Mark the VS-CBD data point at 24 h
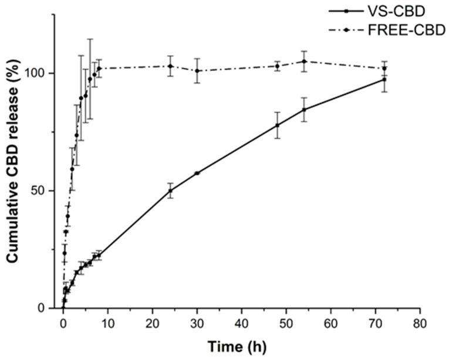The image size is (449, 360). point(170,191)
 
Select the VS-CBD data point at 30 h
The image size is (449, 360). point(197,173)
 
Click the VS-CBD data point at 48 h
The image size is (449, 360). point(278,125)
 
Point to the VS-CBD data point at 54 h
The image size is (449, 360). point(304,110)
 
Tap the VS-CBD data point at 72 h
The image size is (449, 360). point(384,80)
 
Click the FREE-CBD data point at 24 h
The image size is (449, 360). point(170,66)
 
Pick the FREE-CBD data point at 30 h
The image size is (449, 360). point(197,71)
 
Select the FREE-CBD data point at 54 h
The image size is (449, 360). point(304,62)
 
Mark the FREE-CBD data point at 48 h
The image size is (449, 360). point(278,66)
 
